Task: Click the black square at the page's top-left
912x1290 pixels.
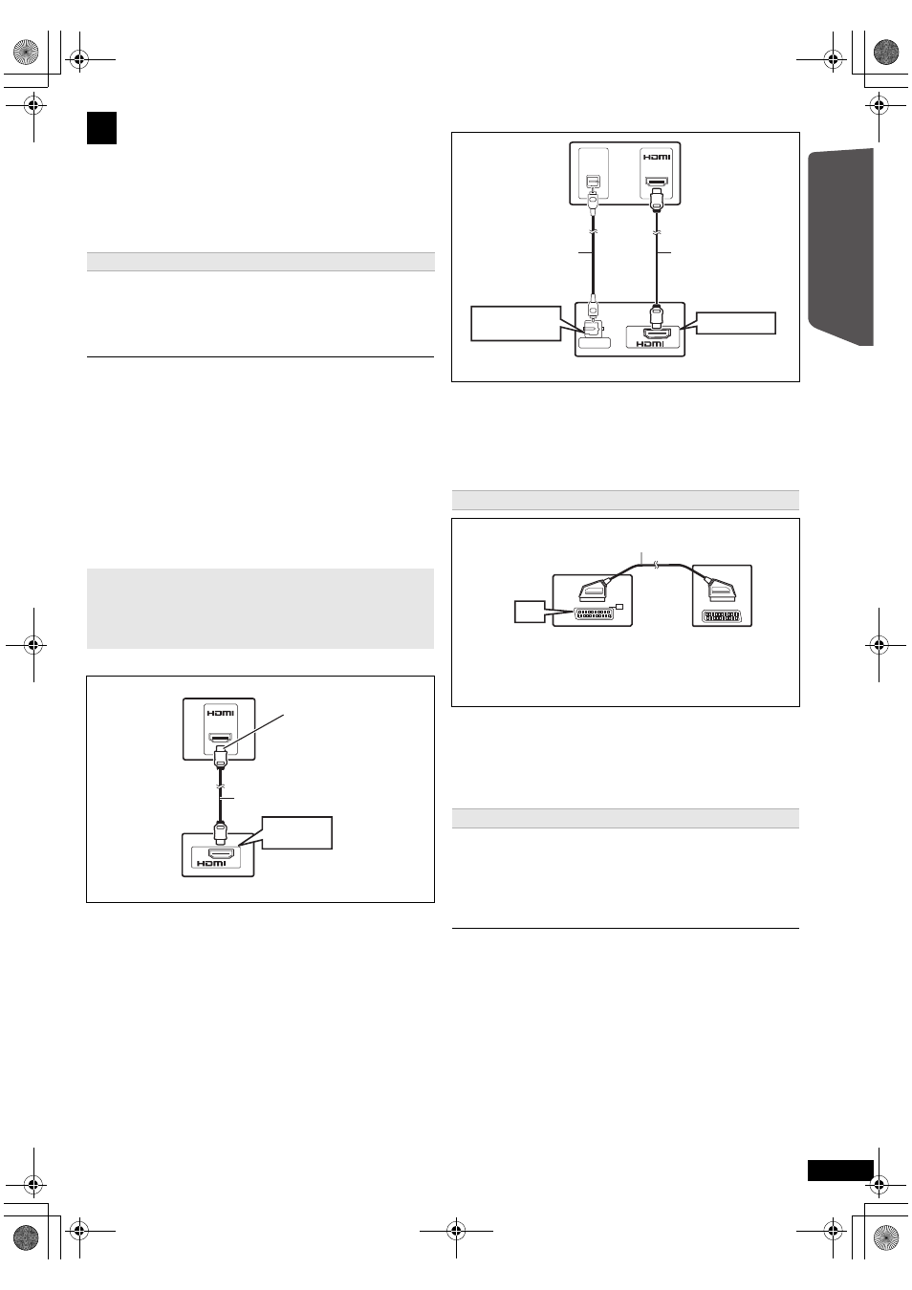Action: (101, 128)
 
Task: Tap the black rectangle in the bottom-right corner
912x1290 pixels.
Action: (840, 1171)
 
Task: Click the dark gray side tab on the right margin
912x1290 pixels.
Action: (840, 247)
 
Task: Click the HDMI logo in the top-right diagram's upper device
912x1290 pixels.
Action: (656, 157)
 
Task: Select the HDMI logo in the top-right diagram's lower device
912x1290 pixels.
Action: (649, 344)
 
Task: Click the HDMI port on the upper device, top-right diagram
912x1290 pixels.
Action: (656, 183)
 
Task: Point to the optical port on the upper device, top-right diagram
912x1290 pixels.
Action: (593, 182)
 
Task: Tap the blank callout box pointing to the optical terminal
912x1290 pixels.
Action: (515, 324)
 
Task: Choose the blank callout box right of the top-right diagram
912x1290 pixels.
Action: (736, 323)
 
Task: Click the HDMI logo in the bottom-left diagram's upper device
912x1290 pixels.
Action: (221, 713)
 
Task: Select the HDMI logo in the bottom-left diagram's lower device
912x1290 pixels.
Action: (211, 863)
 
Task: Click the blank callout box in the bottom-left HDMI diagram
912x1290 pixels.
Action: (297, 832)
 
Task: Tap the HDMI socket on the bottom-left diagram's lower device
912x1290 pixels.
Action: (220, 853)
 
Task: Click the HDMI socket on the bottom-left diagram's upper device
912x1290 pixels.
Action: (221, 738)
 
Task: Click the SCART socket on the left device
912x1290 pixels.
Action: (594, 613)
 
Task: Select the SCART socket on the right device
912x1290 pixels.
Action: (722, 615)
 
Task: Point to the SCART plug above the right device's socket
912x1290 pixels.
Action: (722, 591)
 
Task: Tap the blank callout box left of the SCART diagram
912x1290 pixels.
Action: (529, 611)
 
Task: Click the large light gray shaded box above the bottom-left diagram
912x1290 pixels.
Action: (260, 608)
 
